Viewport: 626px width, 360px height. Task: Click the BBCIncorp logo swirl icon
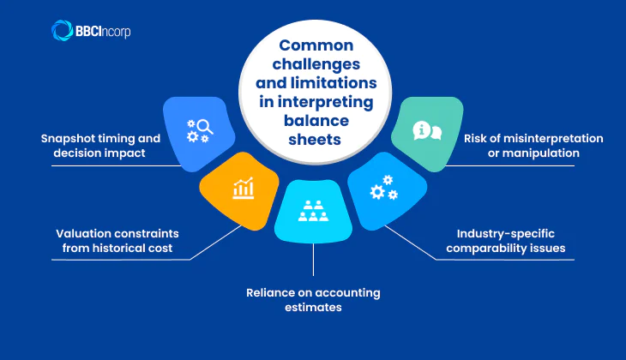(63, 31)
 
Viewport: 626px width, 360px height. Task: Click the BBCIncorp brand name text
(103, 32)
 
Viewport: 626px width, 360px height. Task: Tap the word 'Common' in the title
(314, 50)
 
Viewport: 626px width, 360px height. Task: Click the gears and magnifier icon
(201, 130)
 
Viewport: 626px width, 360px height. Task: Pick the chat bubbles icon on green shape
(427, 131)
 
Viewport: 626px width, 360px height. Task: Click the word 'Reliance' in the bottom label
(273, 292)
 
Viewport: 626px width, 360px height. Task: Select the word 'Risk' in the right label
(477, 138)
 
